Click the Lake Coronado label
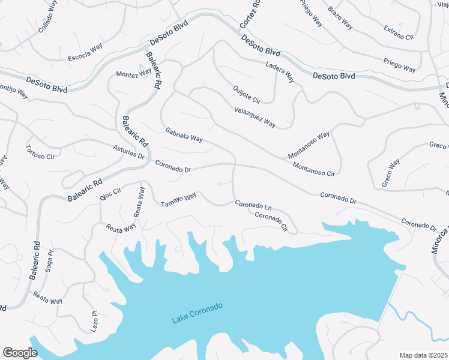click(x=197, y=313)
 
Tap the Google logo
click(x=20, y=353)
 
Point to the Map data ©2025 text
click(x=423, y=355)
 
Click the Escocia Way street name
click(x=85, y=53)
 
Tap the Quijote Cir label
click(x=247, y=95)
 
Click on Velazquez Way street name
click(x=255, y=116)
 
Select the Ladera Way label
click(x=280, y=71)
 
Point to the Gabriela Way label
click(x=184, y=134)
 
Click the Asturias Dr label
click(x=129, y=151)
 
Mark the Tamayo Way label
click(x=178, y=200)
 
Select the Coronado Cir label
click(x=276, y=221)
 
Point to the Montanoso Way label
click(x=309, y=145)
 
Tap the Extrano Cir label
click(x=399, y=32)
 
